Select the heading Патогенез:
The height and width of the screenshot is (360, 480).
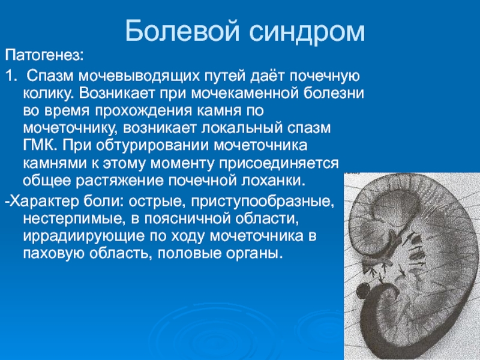(x=44, y=55)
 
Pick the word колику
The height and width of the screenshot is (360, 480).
(x=49, y=94)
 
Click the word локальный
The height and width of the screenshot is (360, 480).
(x=242, y=128)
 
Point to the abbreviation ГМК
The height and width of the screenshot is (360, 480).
(x=40, y=145)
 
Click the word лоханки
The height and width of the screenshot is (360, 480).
(x=274, y=181)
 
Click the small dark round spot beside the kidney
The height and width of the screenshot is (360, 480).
(x=364, y=290)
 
